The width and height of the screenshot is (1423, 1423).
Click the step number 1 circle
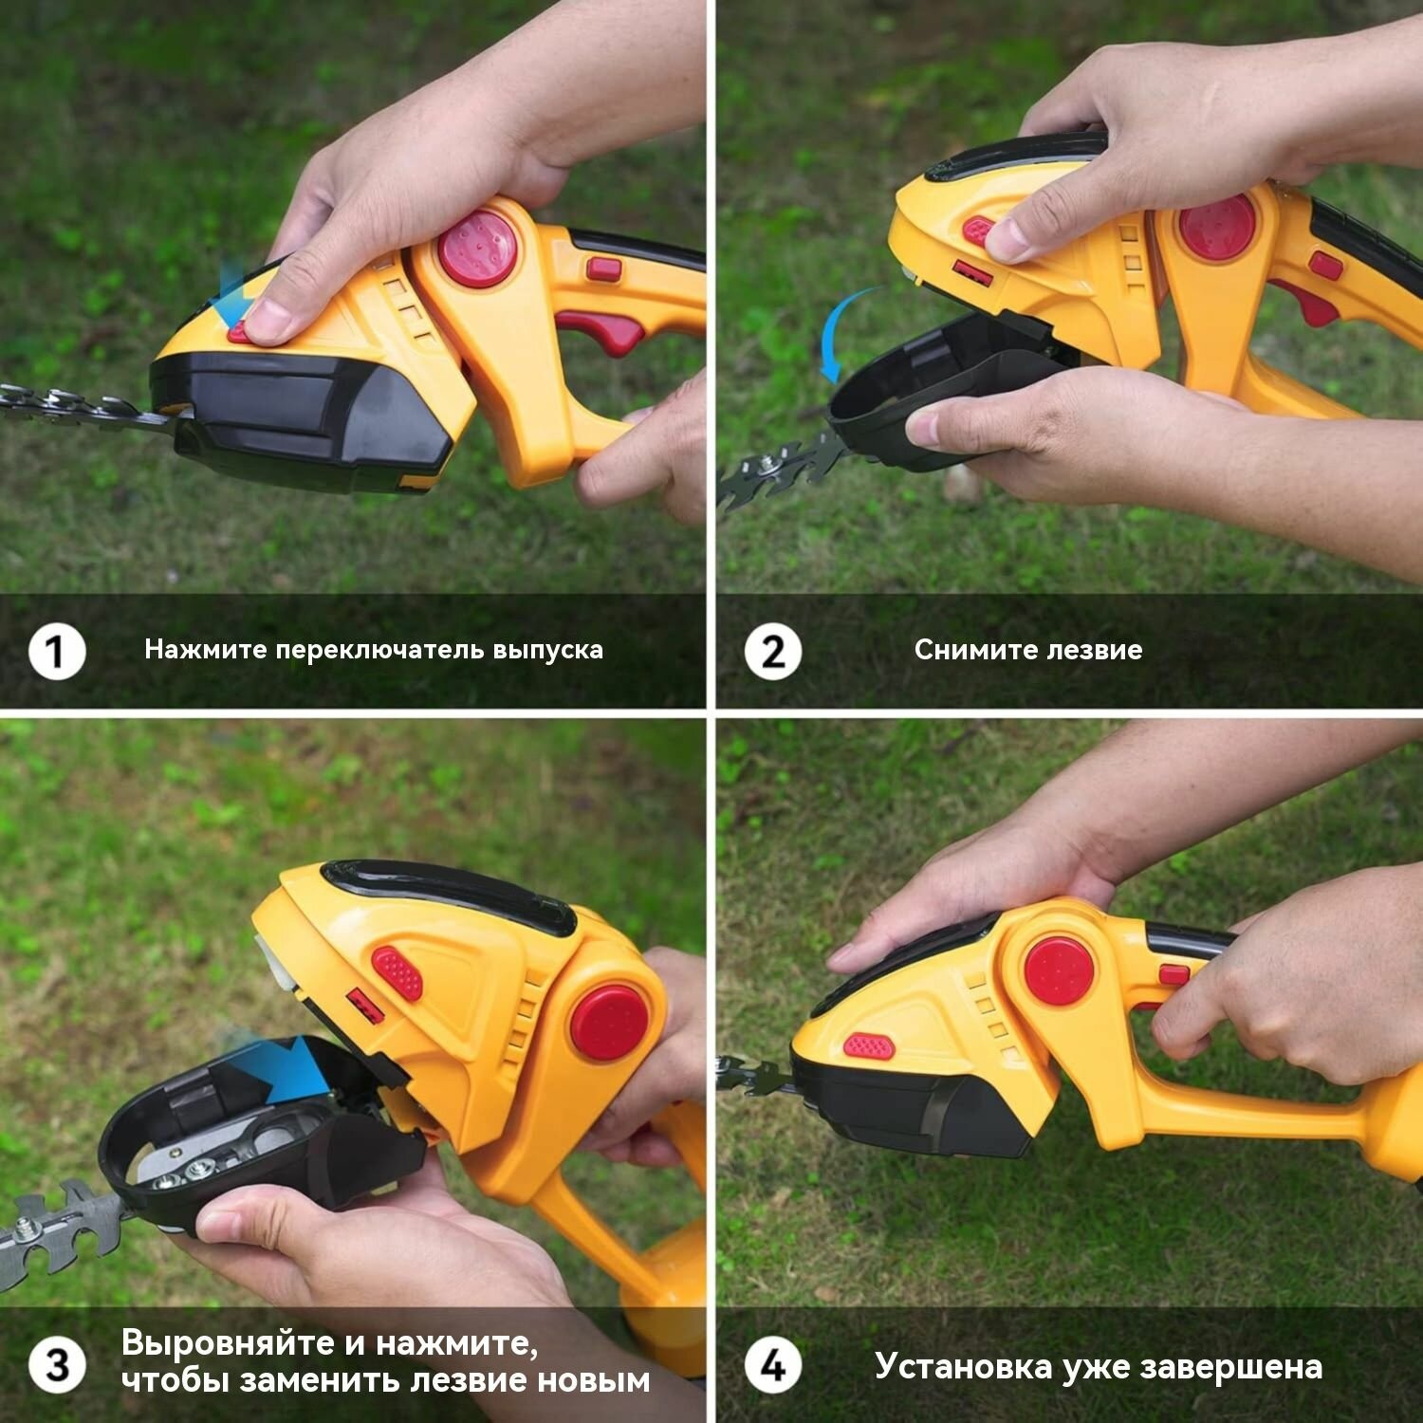click(x=57, y=652)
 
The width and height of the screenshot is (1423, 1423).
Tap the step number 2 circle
click(x=772, y=652)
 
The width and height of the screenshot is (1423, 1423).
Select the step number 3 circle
click(x=57, y=1365)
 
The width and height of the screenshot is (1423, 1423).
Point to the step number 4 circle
click(x=772, y=1365)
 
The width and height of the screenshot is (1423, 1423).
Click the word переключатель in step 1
click(x=379, y=651)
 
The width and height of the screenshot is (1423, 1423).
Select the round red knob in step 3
click(x=609, y=1023)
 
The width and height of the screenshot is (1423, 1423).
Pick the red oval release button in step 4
click(x=869, y=1047)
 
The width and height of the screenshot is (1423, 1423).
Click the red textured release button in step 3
click(x=397, y=972)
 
